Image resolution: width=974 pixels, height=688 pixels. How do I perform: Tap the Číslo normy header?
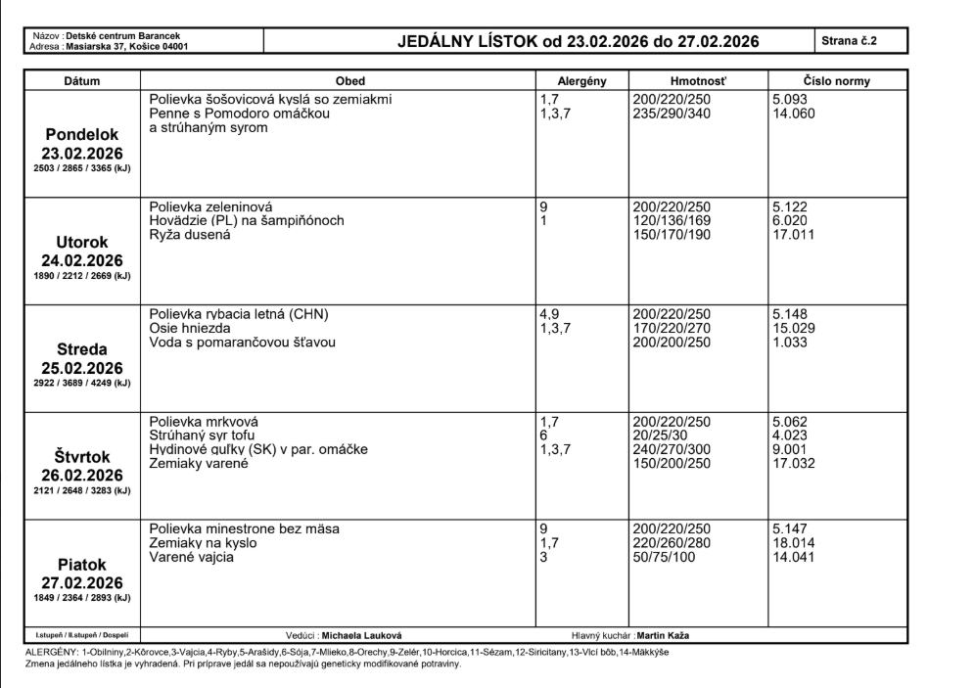(836, 81)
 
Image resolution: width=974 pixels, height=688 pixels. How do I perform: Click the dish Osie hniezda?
(190, 329)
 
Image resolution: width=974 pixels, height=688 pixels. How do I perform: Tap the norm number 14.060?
(792, 114)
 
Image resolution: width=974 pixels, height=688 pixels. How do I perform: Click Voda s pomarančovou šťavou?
(243, 343)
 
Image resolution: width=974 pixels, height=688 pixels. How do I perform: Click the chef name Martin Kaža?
(674, 635)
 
